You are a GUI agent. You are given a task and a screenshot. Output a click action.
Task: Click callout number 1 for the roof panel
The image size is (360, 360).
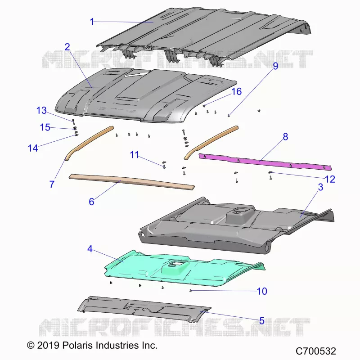point(92,22)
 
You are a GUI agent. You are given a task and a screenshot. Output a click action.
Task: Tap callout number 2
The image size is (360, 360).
point(67,47)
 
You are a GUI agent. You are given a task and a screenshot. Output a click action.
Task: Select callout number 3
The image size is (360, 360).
point(320,187)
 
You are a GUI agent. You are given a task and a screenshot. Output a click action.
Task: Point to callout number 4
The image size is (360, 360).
point(90,249)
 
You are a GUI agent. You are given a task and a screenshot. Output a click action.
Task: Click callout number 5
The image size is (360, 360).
point(262,321)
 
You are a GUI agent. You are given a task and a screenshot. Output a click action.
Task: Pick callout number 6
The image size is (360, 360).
point(91,202)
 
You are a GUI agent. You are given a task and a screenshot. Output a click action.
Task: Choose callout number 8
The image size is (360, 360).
point(285,137)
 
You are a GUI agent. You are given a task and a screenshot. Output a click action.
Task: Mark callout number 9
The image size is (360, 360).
point(275,66)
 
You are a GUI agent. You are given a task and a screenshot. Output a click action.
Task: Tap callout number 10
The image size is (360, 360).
point(262,291)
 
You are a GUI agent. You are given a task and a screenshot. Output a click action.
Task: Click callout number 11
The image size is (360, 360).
point(134,155)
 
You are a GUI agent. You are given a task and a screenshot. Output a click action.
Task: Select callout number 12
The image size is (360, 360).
point(330,179)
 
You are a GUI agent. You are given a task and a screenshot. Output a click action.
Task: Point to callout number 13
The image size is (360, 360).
point(41,110)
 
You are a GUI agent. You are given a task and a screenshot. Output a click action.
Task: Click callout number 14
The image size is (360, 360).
point(33,148)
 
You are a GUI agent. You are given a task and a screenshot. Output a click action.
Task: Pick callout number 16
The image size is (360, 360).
point(237,92)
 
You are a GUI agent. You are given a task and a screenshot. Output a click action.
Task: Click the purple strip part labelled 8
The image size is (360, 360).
point(265,162)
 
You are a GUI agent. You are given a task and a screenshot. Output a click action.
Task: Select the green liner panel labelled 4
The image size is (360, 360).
point(184,269)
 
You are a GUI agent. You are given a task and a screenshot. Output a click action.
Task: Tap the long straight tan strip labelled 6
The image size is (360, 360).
point(132,182)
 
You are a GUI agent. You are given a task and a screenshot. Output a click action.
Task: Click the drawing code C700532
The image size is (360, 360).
point(316,351)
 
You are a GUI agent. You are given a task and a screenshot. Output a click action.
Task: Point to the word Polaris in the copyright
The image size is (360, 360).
point(77,345)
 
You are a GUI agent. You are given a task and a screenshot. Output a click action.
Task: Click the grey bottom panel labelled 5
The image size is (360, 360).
point(144,309)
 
